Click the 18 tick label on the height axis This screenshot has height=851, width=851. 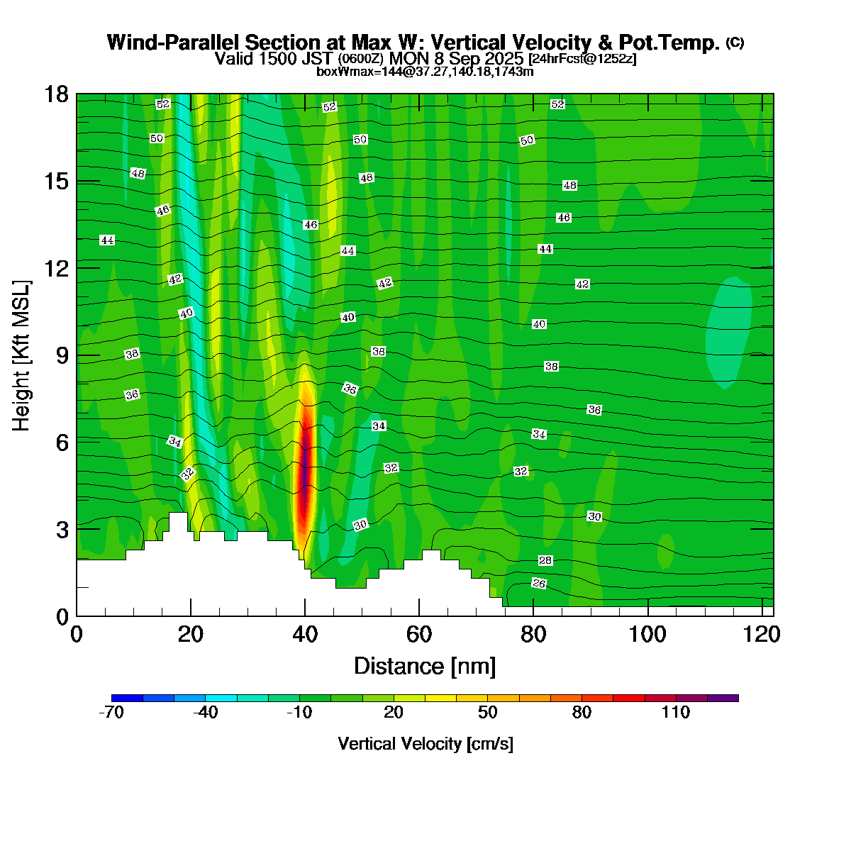[x=57, y=94]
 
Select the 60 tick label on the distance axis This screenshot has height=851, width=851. [x=419, y=633]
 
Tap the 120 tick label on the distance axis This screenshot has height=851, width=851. [x=762, y=633]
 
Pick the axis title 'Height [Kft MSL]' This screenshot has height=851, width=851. [x=22, y=355]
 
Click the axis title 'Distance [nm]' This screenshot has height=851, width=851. [x=425, y=667]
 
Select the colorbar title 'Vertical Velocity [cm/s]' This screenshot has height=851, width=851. [x=425, y=744]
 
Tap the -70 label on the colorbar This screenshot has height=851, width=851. [x=111, y=713]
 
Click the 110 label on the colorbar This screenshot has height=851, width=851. [x=676, y=713]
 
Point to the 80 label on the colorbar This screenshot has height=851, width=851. [x=582, y=713]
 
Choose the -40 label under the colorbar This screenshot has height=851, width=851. [x=206, y=713]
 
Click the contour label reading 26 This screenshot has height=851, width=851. [x=539, y=584]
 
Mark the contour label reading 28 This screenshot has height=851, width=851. [x=545, y=561]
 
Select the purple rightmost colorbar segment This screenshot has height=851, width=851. [x=723, y=698]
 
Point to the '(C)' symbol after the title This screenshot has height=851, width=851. [x=735, y=43]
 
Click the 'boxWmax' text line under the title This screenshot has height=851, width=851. [x=425, y=71]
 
